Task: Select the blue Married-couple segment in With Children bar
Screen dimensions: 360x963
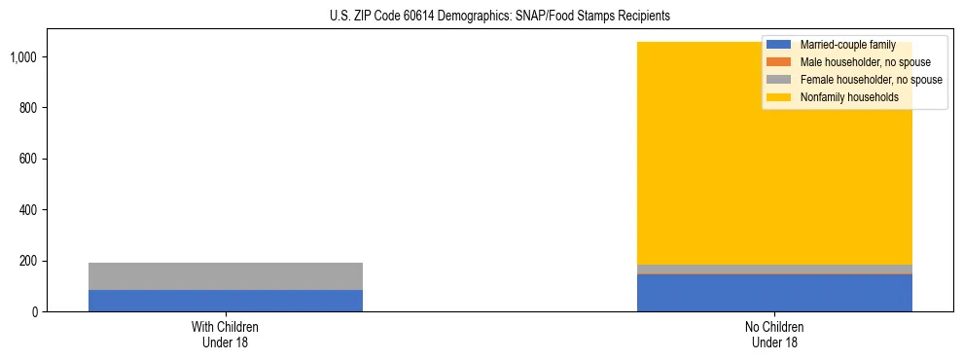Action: pos(226,301)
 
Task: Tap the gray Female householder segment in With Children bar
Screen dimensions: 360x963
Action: pos(226,276)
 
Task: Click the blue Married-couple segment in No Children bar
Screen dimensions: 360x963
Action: pos(774,293)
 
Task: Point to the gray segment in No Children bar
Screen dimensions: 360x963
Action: pos(774,270)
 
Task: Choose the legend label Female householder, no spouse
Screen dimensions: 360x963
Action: pos(871,80)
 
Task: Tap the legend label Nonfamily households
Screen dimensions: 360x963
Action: pos(849,97)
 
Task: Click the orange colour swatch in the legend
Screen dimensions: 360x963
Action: pos(779,62)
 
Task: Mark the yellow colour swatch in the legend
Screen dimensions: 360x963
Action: pos(779,97)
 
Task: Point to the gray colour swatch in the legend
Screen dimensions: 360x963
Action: pos(779,80)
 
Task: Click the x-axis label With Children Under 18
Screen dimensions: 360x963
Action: pos(226,334)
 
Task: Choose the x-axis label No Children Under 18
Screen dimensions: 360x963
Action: pos(774,334)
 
